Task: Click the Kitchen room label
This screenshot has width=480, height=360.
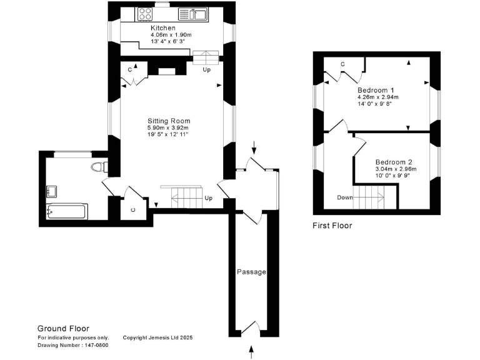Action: pyautogui.click(x=162, y=28)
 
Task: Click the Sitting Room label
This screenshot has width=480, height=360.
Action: pyautogui.click(x=169, y=121)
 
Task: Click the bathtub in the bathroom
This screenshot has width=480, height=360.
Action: pyautogui.click(x=67, y=211)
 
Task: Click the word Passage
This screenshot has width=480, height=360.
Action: pyautogui.click(x=251, y=272)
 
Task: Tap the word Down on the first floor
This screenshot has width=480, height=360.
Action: pyautogui.click(x=345, y=197)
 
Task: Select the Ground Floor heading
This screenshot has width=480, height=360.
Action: pyautogui.click(x=63, y=328)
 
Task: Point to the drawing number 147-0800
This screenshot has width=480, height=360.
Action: pyautogui.click(x=64, y=344)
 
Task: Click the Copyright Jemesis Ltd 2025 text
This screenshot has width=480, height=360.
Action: pyautogui.click(x=157, y=337)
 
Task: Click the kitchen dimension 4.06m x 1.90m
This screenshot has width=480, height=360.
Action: pyautogui.click(x=171, y=36)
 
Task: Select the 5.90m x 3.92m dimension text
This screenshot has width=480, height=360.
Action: pyautogui.click(x=167, y=128)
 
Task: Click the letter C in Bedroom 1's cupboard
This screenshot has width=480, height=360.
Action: pyautogui.click(x=343, y=64)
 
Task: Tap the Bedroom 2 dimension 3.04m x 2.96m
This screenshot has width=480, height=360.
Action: pyautogui.click(x=396, y=169)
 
